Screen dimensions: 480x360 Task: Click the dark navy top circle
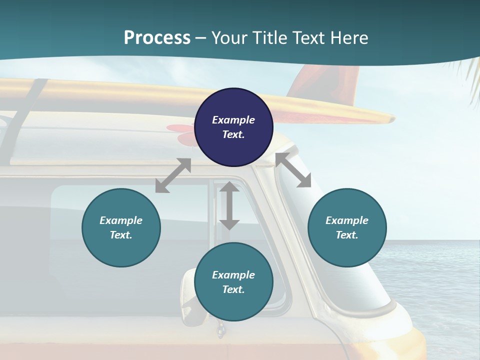coord(233,127)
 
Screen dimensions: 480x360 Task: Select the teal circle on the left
coord(121,227)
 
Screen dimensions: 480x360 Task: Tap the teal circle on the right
coord(347,227)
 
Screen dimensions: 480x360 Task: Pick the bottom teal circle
coord(233,282)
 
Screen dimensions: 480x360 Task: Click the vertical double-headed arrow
coord(229,205)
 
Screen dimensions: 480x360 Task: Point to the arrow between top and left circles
coord(173,175)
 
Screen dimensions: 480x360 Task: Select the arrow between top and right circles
coord(293,170)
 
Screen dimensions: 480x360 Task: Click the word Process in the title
coord(157,37)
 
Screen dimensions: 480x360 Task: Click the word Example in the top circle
coord(233,120)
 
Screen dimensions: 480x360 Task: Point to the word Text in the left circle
coord(121,235)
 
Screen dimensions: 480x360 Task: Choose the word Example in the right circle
coord(347,220)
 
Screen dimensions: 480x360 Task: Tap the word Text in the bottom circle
coord(233,289)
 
